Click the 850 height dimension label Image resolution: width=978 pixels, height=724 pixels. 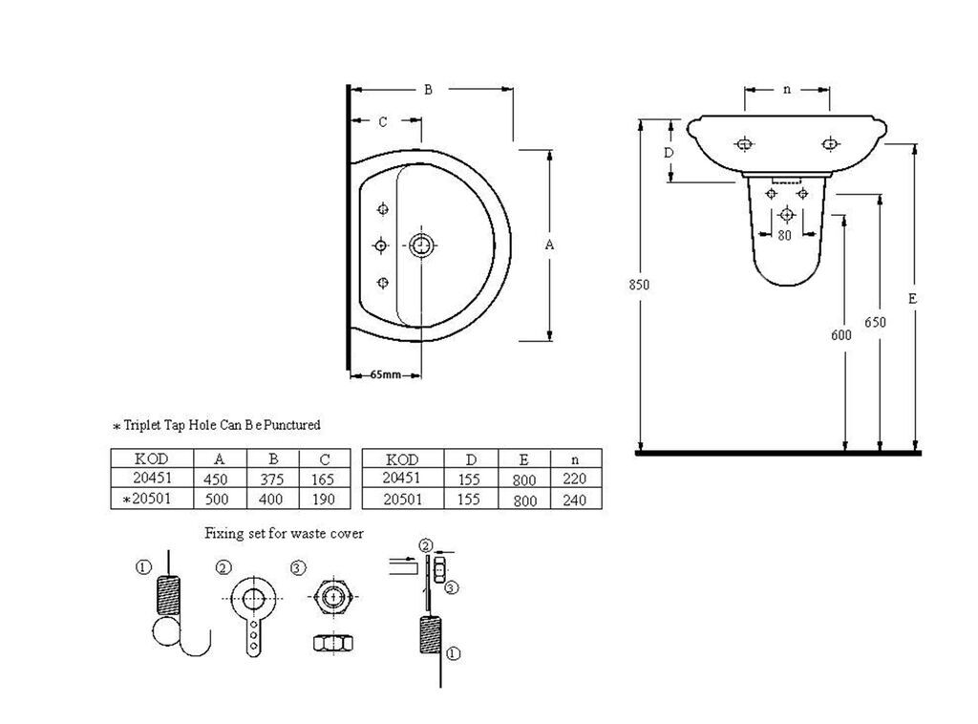[639, 285]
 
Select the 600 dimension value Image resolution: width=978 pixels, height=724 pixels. [840, 335]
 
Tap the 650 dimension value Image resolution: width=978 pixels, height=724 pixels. [875, 322]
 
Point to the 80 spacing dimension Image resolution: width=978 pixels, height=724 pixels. [784, 234]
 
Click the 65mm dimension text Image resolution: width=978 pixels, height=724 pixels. [386, 374]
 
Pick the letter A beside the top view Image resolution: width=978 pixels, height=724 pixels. [549, 245]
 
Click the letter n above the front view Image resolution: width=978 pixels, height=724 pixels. [787, 89]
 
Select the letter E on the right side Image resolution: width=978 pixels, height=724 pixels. [912, 299]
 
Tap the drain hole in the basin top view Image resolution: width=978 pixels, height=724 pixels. [421, 245]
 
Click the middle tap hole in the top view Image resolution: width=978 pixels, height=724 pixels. [381, 245]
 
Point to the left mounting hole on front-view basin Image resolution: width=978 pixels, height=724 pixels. [744, 144]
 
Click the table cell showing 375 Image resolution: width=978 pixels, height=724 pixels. [272, 479]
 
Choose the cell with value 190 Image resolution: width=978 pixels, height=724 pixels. [325, 499]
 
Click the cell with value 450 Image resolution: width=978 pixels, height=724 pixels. [216, 479]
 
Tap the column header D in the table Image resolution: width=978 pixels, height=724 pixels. [471, 459]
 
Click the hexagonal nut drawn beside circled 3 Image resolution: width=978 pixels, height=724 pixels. [333, 597]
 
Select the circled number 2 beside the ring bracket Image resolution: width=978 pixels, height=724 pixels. [223, 567]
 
